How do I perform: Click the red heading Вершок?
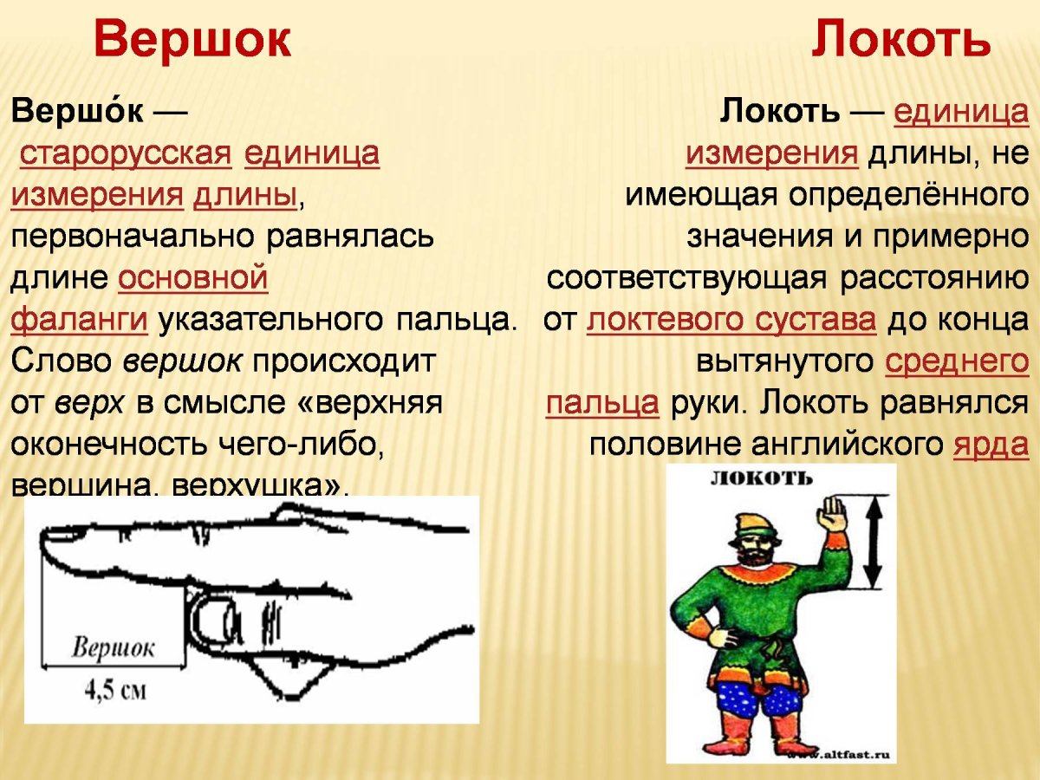pos(192,40)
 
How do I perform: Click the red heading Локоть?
pos(900,40)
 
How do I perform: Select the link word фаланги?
pos(79,320)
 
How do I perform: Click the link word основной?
pos(192,278)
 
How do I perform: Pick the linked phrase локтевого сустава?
pos(731,320)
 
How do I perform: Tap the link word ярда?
pos(991,445)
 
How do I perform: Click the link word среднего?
pos(957,361)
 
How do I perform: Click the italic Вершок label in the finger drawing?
pos(113,649)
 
